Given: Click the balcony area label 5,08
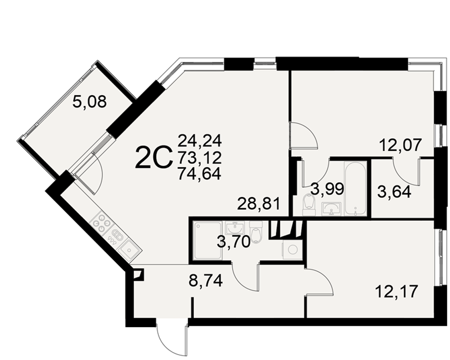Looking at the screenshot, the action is coord(90,102).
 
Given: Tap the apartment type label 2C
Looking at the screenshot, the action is coord(153,157).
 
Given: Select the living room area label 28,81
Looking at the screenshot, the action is coord(258,204).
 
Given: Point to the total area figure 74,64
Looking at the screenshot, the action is coord(199,173).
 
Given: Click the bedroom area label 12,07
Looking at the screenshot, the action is coord(400,145).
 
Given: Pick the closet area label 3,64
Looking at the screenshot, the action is coord(394,192).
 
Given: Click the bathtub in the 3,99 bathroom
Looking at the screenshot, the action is coord(355,188).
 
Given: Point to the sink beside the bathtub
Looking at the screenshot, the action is coord(332,209).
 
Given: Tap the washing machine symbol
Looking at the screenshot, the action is coord(292,250).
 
